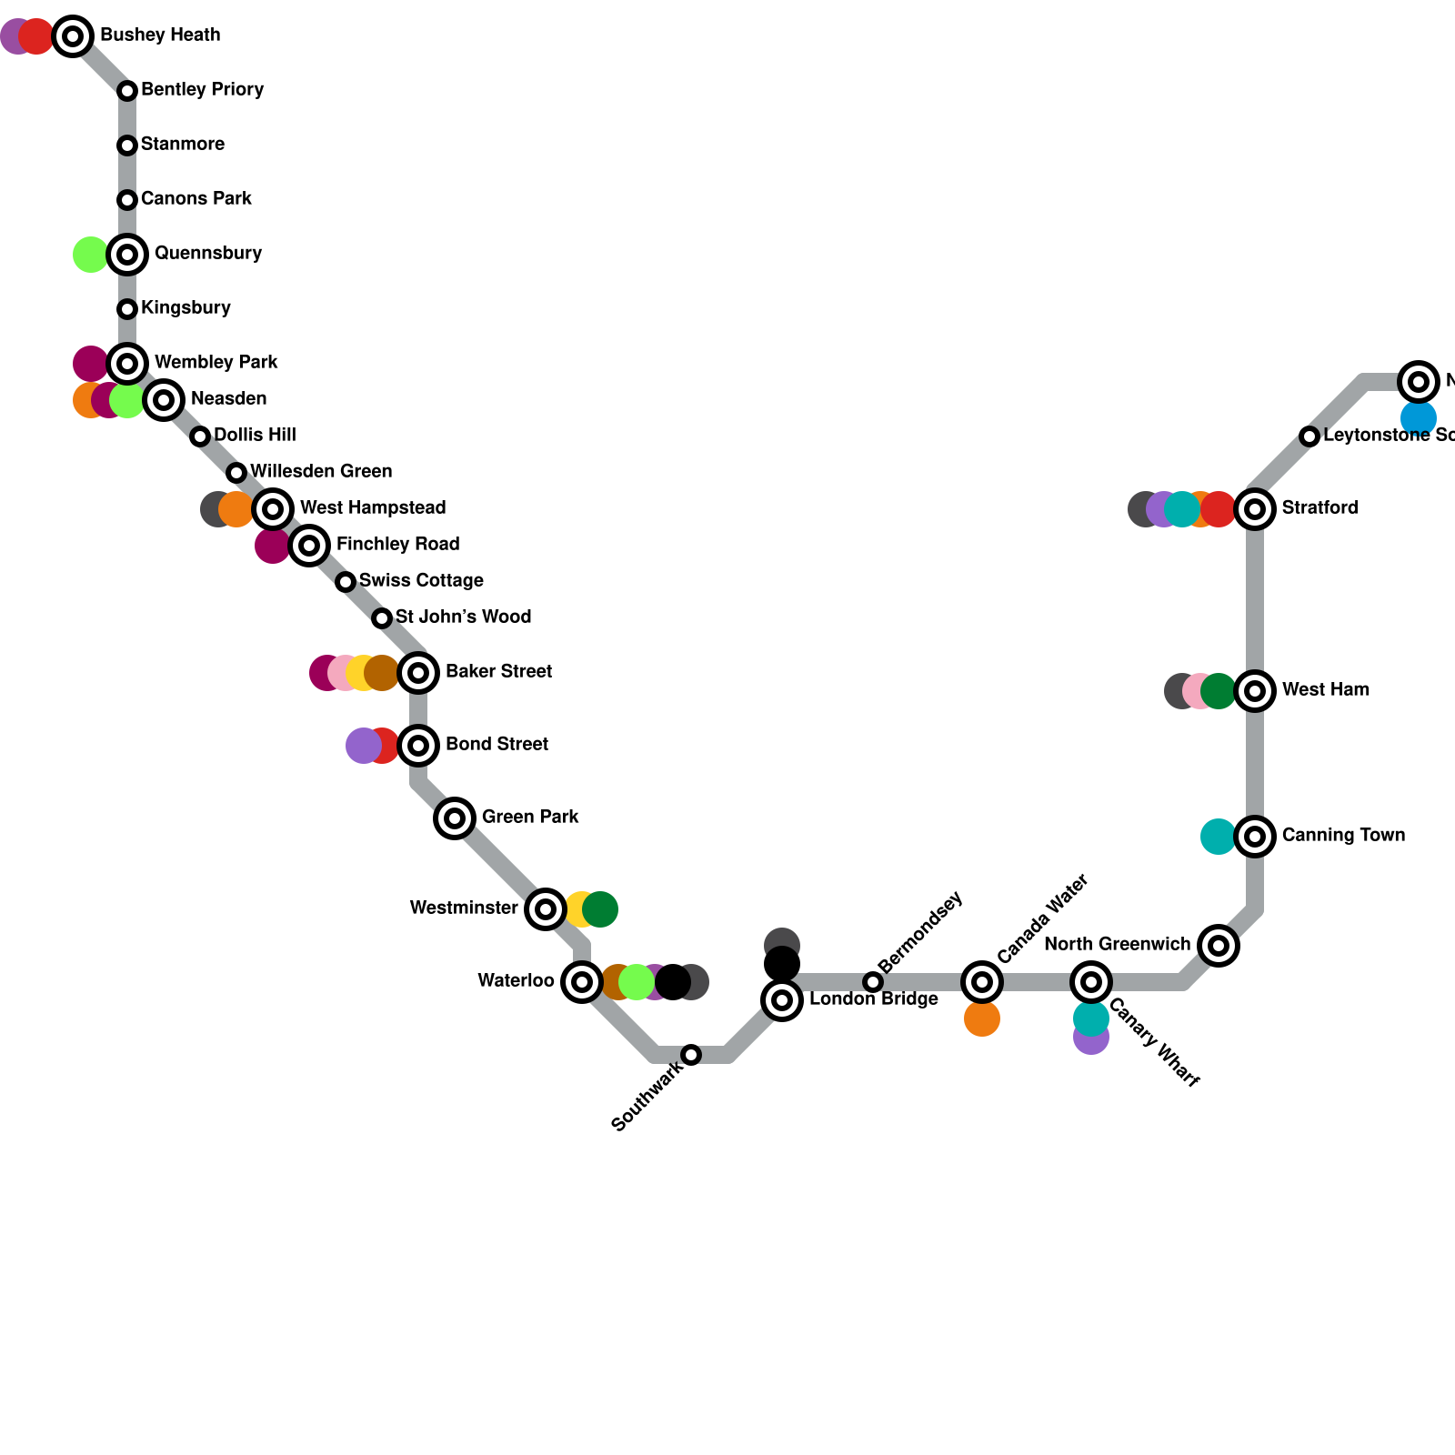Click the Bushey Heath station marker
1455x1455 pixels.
tap(73, 36)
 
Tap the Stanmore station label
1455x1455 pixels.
tap(182, 145)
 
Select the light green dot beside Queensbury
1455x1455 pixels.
tap(90, 255)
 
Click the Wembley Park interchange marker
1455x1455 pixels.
tap(127, 364)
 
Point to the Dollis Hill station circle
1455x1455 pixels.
tap(200, 436)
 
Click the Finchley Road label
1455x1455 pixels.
tap(397, 545)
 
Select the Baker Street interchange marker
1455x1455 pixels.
tap(418, 673)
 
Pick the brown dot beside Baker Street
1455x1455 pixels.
tap(382, 673)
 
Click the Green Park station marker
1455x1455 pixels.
tap(455, 818)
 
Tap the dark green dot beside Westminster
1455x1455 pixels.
tap(601, 909)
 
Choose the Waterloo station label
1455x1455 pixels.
tap(516, 981)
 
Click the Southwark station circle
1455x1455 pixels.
tap(691, 1055)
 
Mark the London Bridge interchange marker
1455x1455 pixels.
tap(782, 1000)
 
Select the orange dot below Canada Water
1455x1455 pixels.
tap(982, 1019)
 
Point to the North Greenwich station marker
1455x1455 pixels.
tap(1219, 946)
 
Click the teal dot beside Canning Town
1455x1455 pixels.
tap(1218, 837)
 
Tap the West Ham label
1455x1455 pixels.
tap(1325, 690)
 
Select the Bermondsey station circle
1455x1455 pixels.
tap(873, 982)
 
